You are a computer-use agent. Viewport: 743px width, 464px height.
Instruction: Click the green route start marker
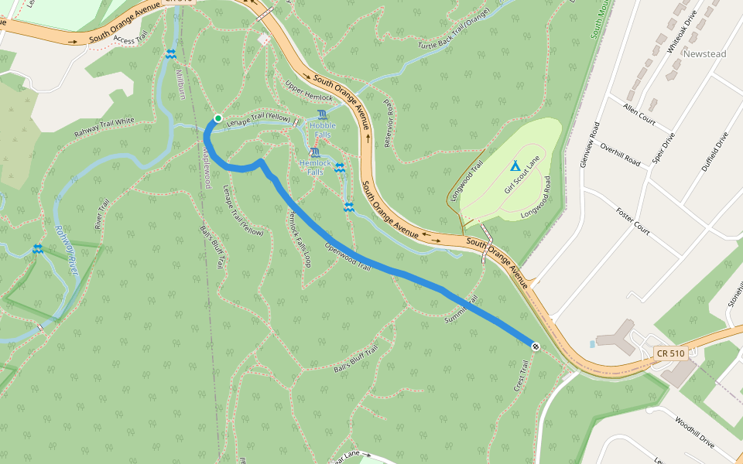coord(218,118)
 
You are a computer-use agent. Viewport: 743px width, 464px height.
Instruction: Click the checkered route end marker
coord(535,345)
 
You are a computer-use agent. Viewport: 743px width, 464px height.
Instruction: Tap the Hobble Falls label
coord(322,129)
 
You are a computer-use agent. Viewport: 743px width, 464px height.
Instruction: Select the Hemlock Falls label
coord(315,167)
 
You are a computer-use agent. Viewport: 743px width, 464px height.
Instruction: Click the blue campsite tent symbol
coord(515,165)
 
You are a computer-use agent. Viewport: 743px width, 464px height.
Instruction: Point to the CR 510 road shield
coord(669,353)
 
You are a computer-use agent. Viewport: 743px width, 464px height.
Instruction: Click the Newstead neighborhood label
coord(704,54)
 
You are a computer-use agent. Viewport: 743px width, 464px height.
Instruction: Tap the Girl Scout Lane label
coord(521,174)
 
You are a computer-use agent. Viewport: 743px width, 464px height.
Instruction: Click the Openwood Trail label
coord(348,257)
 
